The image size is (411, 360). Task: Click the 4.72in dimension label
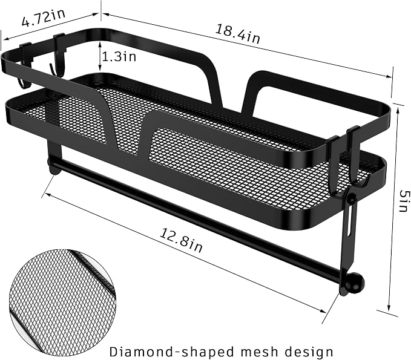click(x=43, y=18)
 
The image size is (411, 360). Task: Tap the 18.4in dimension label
click(x=238, y=33)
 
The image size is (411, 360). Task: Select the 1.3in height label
click(x=119, y=56)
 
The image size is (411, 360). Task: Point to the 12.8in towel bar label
click(x=182, y=240)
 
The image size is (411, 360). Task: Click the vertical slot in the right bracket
click(x=349, y=227)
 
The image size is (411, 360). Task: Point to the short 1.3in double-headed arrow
click(x=100, y=57)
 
